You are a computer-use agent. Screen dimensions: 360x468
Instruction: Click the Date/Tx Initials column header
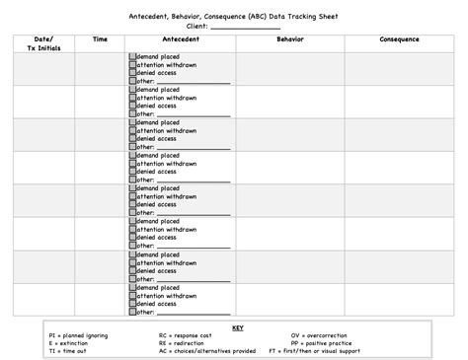tap(43, 43)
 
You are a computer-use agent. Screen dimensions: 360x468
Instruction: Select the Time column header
tap(100, 39)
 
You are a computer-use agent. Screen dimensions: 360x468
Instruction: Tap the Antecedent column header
tap(180, 39)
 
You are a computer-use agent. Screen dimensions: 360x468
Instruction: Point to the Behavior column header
tap(290, 39)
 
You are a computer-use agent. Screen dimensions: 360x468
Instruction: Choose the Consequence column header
tap(399, 39)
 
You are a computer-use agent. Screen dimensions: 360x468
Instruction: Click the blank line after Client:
tap(246, 27)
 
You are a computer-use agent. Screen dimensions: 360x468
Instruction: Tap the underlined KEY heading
tap(237, 327)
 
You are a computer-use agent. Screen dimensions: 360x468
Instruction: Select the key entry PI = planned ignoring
tap(78, 335)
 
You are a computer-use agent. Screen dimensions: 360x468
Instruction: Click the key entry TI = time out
tap(68, 351)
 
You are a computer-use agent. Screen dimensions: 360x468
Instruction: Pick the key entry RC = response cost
tap(188, 335)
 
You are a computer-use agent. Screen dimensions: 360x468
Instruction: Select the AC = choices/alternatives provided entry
tap(207, 351)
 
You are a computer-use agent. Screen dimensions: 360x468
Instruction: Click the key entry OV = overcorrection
tap(321, 335)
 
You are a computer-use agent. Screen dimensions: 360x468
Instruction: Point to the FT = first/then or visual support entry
tap(340, 351)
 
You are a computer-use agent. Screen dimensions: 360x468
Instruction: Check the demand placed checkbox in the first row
tap(132, 57)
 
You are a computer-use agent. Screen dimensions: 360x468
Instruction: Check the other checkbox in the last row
tap(132, 312)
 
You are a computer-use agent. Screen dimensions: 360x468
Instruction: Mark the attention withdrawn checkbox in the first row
tap(132, 65)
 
